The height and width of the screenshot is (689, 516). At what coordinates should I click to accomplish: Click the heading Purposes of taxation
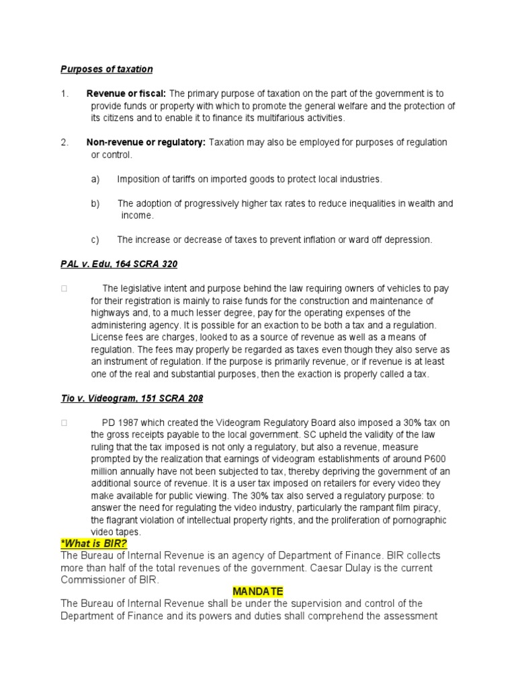pos(107,69)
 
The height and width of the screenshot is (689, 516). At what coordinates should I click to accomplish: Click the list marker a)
pos(95,179)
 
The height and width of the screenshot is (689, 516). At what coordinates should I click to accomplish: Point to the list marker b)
pos(95,203)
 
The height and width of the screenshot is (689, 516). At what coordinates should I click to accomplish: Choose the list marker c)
pos(95,240)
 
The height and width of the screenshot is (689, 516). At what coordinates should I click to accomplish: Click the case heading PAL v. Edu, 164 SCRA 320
pos(119,264)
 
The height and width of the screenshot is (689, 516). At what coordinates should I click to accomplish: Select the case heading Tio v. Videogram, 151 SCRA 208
pos(132,398)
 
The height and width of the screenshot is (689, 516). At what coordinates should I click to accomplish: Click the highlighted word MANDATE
pos(258,591)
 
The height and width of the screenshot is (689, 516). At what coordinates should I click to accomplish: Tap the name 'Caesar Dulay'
pos(339,568)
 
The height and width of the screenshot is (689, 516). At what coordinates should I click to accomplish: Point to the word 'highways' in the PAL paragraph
pos(111,313)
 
